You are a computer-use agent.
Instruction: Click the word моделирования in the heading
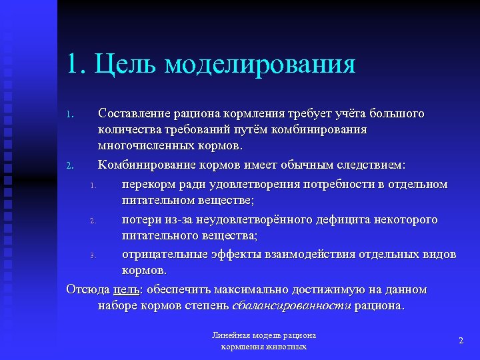coord(260,64)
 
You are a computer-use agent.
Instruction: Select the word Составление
coord(134,113)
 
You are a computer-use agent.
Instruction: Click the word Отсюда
coord(87,289)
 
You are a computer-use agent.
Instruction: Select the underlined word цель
coord(126,289)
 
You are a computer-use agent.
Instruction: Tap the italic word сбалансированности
coord(291,306)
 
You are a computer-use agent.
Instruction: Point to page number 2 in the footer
coord(461,341)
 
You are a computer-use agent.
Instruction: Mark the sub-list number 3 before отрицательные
coord(94,256)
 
